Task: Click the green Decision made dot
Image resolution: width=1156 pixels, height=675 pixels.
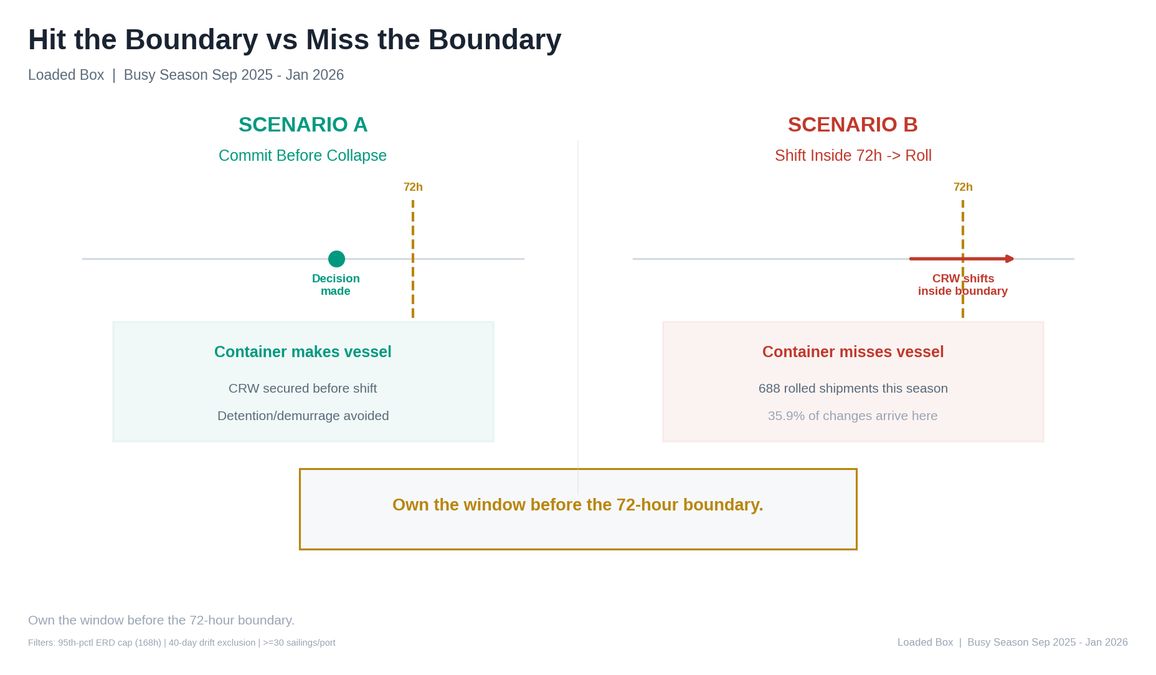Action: pyautogui.click(x=336, y=259)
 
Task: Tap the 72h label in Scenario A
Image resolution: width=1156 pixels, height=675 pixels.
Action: pyautogui.click(x=413, y=187)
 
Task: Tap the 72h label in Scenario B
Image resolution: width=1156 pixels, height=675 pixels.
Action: pyautogui.click(x=963, y=187)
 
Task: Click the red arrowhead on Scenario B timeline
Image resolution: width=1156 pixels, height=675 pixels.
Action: pyautogui.click(x=1010, y=259)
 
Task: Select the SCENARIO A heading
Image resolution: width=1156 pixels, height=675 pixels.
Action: pyautogui.click(x=303, y=125)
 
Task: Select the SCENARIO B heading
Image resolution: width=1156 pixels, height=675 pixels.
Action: pyautogui.click(x=853, y=125)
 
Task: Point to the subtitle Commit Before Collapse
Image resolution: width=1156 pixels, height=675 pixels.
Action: pyautogui.click(x=303, y=156)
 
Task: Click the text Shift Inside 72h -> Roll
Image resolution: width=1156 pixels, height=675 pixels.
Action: pyautogui.click(x=853, y=156)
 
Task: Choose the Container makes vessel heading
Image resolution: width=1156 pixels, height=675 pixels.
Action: pyautogui.click(x=303, y=352)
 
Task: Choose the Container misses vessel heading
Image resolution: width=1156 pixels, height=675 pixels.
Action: pyautogui.click(x=853, y=352)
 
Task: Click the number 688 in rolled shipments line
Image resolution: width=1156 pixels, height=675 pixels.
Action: pyautogui.click(x=769, y=388)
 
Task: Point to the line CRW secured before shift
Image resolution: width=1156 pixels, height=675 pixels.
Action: pyautogui.click(x=303, y=388)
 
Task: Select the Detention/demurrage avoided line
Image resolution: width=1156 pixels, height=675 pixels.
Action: pyautogui.click(x=303, y=416)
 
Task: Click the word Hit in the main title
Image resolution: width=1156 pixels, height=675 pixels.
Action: pyautogui.click(x=49, y=40)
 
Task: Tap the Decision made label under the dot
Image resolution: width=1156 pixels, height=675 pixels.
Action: pyautogui.click(x=336, y=285)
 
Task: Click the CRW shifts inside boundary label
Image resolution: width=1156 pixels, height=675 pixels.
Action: pyautogui.click(x=963, y=285)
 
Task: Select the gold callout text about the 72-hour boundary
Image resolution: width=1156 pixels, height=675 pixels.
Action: pyautogui.click(x=578, y=505)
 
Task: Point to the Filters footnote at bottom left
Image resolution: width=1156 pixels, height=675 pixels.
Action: pyautogui.click(x=182, y=643)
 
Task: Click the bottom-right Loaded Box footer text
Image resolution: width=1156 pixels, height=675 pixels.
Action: pyautogui.click(x=1013, y=643)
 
